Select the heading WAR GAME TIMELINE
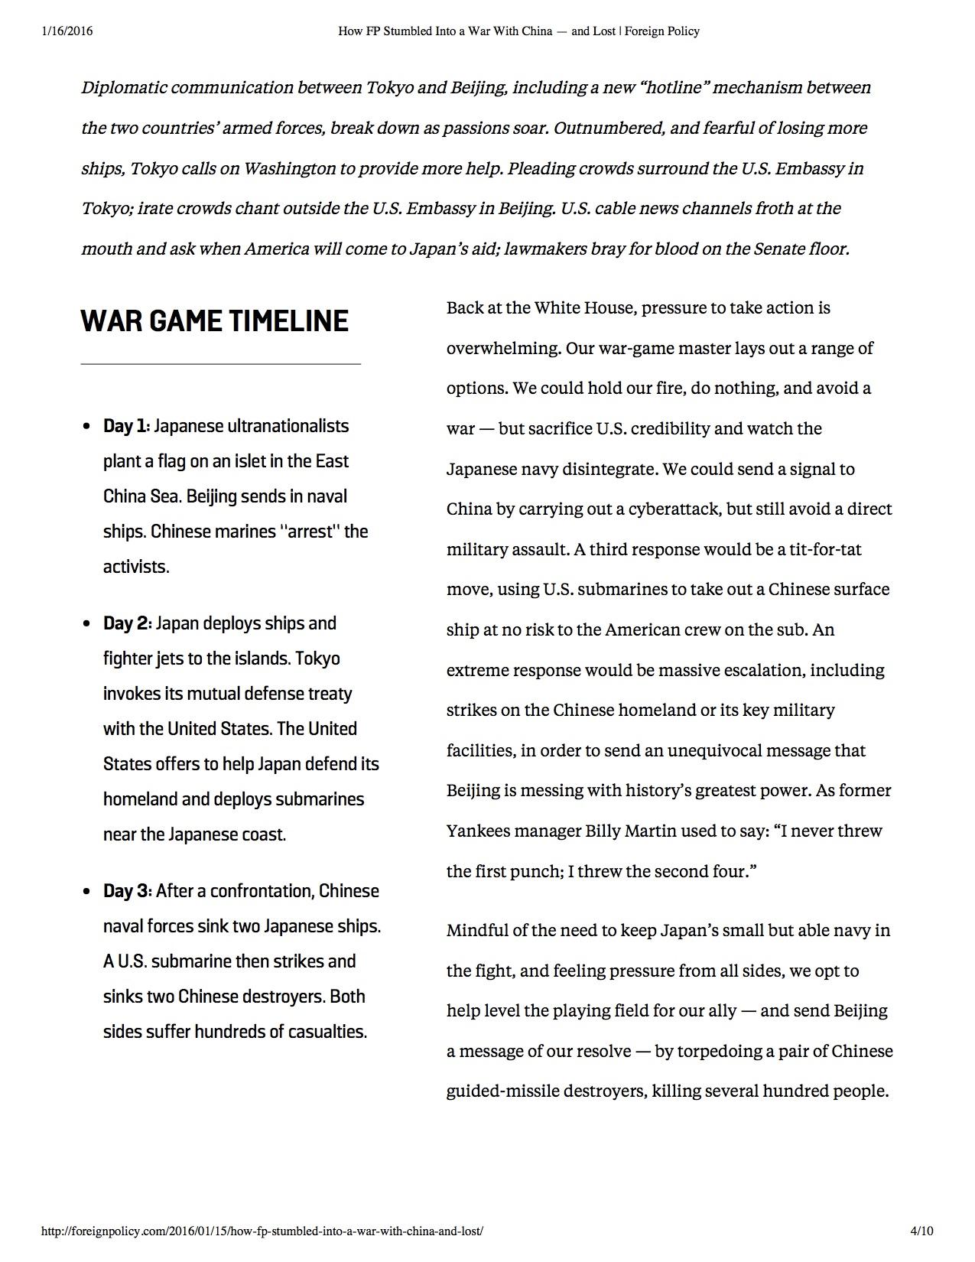[x=214, y=320]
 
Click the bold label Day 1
[x=126, y=426]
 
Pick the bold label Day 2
[x=127, y=623]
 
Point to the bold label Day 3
[x=127, y=891]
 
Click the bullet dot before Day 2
[x=87, y=624]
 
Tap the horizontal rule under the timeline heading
[x=220, y=364]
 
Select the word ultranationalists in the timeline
[x=288, y=426]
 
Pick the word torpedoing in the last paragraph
[x=715, y=1051]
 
